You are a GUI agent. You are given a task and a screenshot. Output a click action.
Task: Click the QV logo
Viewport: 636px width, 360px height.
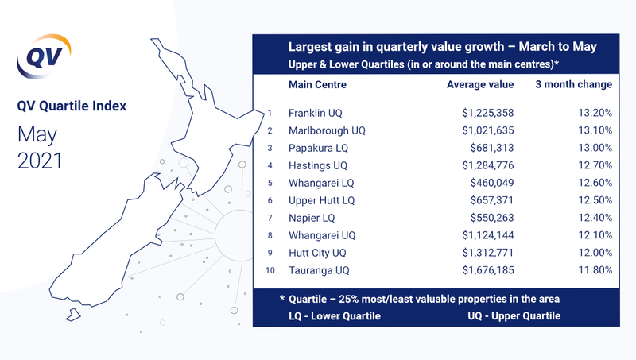coord(44,56)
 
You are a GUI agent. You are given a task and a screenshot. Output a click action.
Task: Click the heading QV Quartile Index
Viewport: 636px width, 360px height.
coord(72,106)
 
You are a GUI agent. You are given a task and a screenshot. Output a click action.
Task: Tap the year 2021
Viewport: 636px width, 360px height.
coord(40,161)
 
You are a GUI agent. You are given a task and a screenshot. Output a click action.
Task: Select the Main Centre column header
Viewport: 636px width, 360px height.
coord(317,84)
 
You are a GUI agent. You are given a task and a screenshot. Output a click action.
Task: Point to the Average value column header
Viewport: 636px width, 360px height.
coord(480,84)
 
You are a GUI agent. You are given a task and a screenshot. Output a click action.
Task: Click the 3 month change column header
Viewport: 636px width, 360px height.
coord(573,84)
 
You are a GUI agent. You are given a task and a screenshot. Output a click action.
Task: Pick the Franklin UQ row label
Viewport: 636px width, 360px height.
coord(315,113)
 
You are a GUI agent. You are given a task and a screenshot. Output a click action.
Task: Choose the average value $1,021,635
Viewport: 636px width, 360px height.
coord(488,130)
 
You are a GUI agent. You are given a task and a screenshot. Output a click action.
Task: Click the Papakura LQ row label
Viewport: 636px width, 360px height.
coord(319,148)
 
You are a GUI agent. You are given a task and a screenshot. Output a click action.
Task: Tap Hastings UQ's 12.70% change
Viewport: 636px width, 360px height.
coord(595,165)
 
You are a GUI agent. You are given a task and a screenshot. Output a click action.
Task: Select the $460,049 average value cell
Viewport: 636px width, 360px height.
coord(492,183)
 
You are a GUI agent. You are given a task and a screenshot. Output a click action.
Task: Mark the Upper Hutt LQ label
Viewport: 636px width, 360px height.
coord(322,200)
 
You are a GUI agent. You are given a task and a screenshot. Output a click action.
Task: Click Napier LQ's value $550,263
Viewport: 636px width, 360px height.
coord(492,218)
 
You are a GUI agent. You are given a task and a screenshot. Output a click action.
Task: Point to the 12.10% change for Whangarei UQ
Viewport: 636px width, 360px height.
coord(595,235)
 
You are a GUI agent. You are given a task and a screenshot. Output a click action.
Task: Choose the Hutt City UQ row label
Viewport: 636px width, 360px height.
coord(317,253)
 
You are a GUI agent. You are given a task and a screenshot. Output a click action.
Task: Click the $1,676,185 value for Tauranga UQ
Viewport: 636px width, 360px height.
coord(488,270)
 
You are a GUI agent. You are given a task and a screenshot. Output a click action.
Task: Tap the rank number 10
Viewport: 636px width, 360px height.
coord(270,270)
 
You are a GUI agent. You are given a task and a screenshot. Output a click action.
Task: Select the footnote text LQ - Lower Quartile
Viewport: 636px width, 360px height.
coord(335,316)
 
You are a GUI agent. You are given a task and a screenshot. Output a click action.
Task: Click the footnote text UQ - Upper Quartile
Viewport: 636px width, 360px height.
coord(514,316)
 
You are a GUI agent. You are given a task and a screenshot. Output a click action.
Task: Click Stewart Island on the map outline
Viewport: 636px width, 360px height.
coord(73,315)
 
